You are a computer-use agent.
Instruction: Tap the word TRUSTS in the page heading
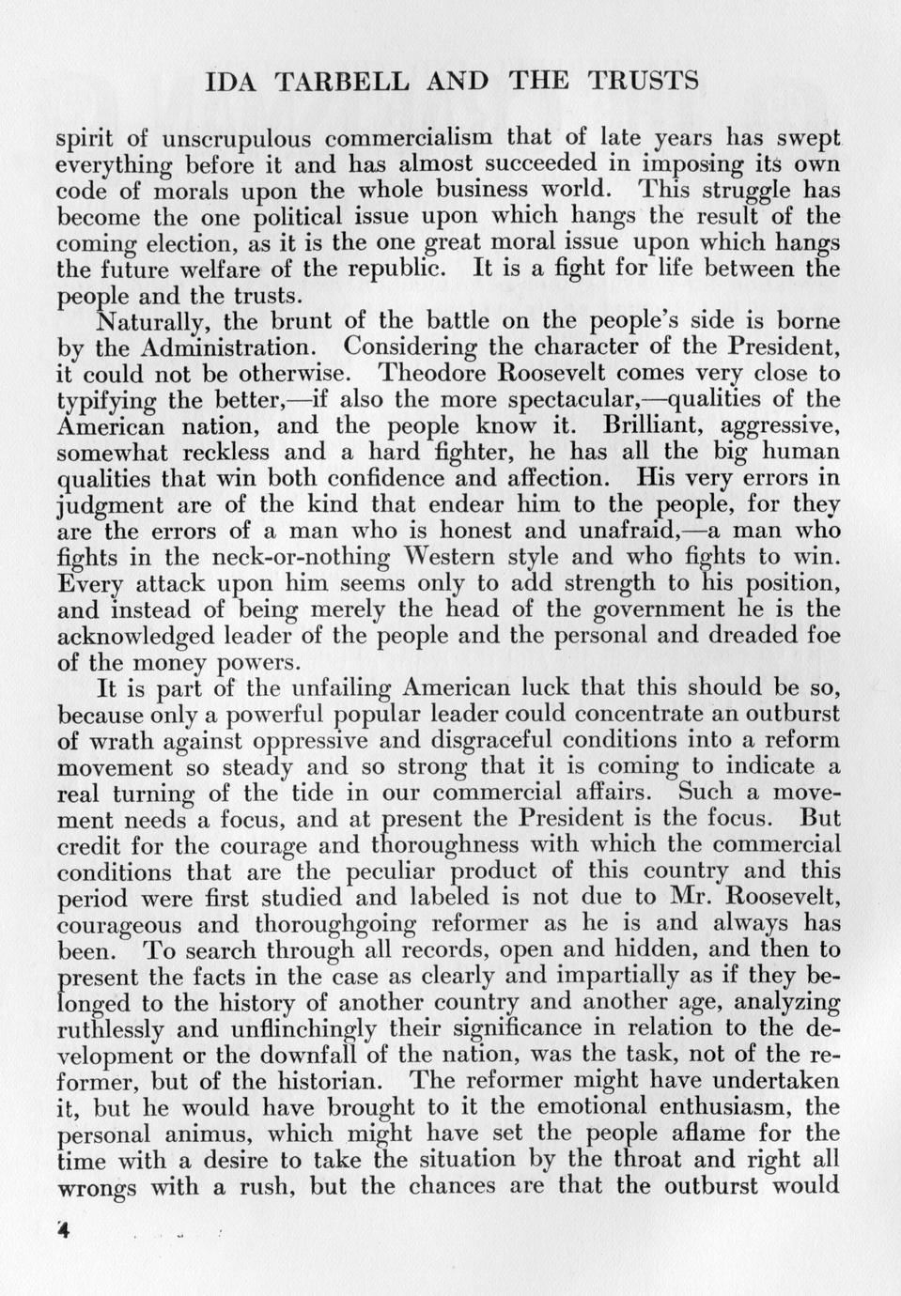pyautogui.click(x=642, y=81)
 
